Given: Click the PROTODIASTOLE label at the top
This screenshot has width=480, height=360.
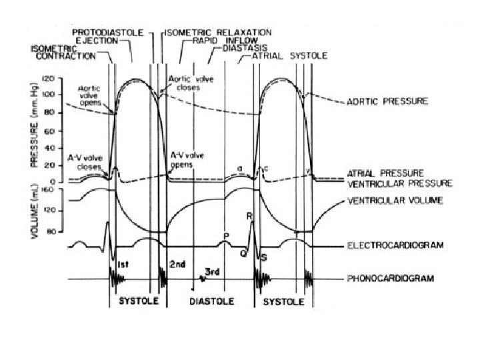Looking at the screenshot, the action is coord(108,31).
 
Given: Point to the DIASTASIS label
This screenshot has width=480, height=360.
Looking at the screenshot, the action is coord(245,48).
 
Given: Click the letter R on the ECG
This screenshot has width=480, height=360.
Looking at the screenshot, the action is coord(249,216).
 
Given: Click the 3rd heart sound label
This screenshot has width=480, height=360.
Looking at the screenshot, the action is coord(213,271).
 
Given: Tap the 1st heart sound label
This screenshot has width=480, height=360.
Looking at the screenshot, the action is coord(123,265).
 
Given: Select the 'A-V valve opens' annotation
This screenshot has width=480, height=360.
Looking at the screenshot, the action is coord(187,159).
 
